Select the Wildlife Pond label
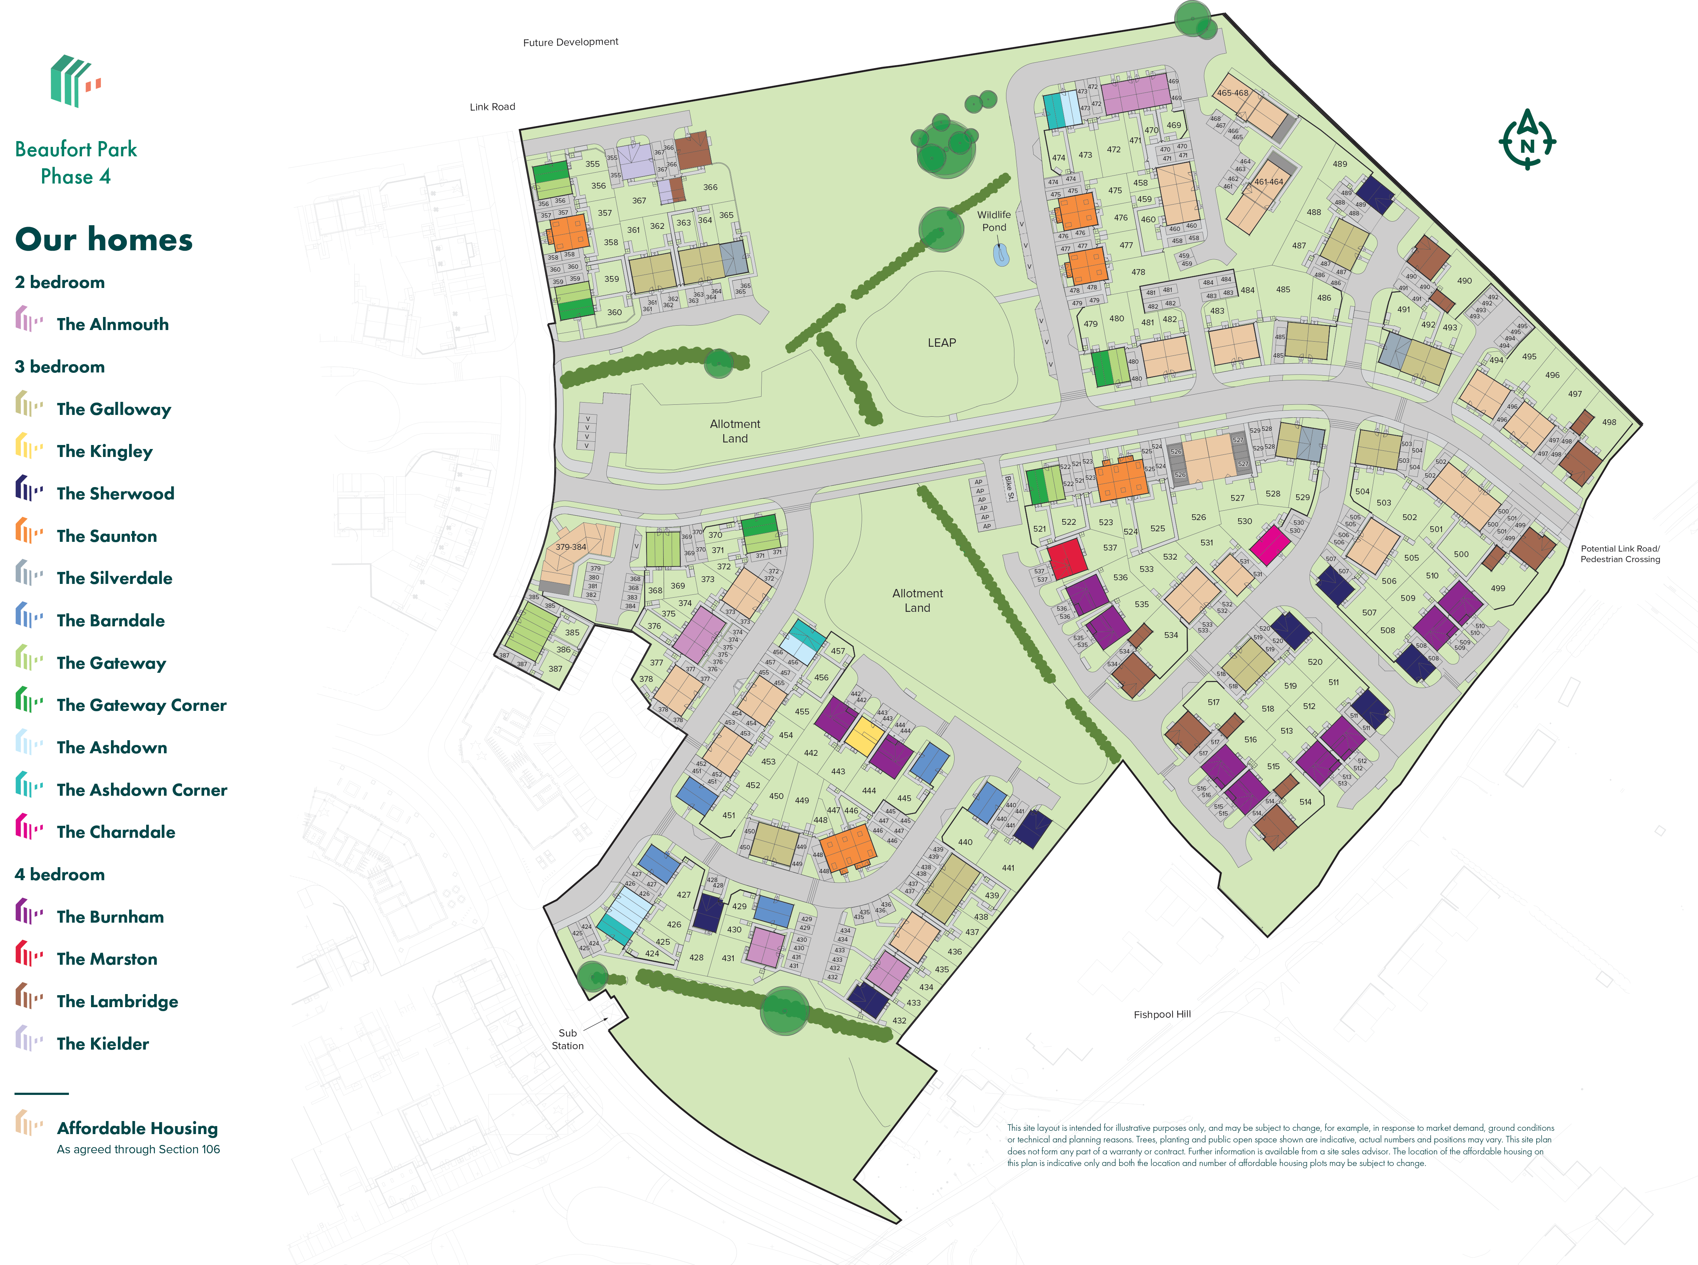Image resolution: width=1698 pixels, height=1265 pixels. [x=994, y=221]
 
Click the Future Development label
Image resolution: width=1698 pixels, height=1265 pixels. [x=570, y=42]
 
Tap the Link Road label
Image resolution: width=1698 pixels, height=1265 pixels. [x=492, y=106]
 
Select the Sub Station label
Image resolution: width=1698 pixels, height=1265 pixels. [x=567, y=1039]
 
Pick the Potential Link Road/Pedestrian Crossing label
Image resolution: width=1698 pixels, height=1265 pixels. [x=1620, y=554]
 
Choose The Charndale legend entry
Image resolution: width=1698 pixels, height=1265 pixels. [x=116, y=832]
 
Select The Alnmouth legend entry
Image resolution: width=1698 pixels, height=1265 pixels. [x=112, y=324]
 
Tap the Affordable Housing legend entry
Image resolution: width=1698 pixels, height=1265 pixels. [x=137, y=1128]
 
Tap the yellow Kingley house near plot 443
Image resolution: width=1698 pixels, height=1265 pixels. [x=864, y=735]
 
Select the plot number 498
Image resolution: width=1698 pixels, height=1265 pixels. [x=1609, y=422]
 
